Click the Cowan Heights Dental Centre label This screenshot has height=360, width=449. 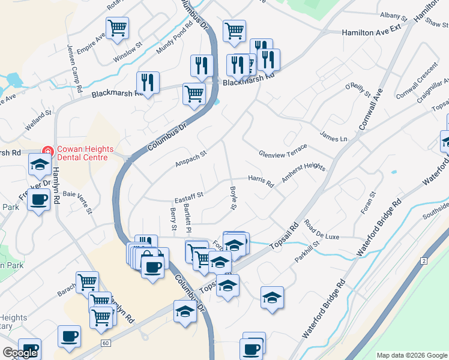click(x=82, y=153)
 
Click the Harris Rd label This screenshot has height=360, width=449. click(x=261, y=181)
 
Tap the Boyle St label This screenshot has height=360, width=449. click(x=234, y=198)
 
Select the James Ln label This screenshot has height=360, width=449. click(x=334, y=138)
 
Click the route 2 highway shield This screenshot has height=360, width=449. click(x=424, y=261)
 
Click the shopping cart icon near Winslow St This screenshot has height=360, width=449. click(x=117, y=27)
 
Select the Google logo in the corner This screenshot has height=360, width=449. click(x=20, y=353)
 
